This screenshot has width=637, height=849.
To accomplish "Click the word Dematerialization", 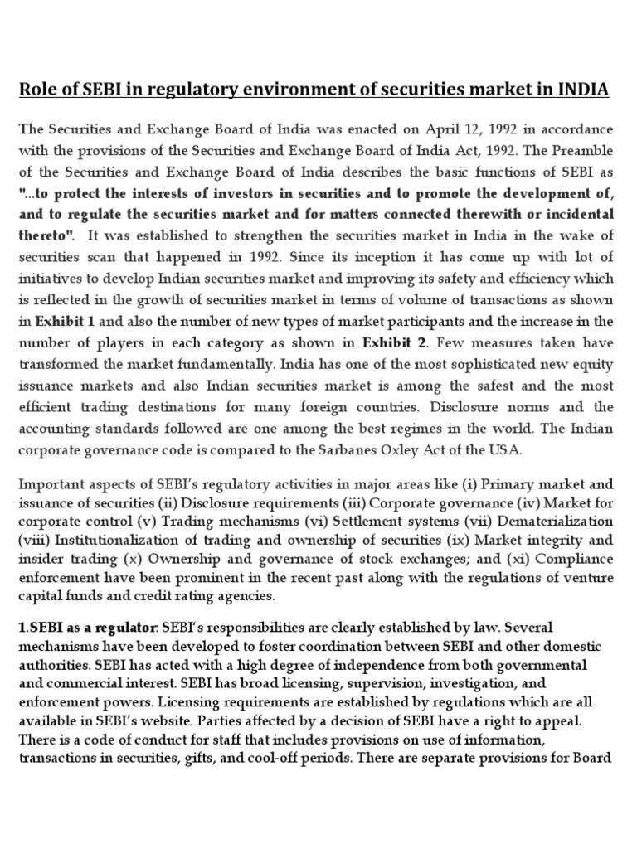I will [552, 521].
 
